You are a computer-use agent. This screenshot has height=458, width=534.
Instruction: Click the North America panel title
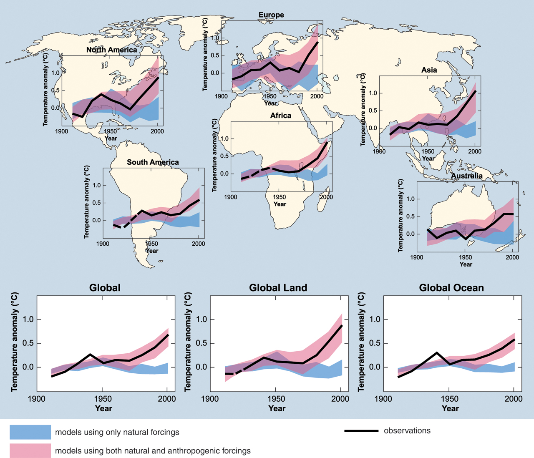click(111, 50)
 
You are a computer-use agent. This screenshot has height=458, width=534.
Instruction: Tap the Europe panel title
click(271, 15)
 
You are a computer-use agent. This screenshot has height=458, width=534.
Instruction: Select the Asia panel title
click(429, 70)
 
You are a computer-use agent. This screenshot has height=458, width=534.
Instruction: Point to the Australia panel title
click(466, 176)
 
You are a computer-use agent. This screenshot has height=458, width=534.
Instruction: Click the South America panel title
click(153, 162)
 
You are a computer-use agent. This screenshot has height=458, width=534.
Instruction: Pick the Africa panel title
click(280, 116)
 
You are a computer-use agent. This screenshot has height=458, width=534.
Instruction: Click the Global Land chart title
click(278, 288)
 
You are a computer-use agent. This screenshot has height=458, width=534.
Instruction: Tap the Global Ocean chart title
click(451, 288)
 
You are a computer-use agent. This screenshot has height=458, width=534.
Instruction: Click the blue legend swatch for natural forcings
click(30, 432)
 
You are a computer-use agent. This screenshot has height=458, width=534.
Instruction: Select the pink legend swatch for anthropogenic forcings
click(30, 451)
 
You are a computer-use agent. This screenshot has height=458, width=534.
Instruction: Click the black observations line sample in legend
click(361, 431)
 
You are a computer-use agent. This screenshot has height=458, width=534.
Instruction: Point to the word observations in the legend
click(407, 431)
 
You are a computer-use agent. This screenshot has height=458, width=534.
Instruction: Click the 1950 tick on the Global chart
click(102, 399)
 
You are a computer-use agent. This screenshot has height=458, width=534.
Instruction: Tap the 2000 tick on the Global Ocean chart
click(514, 399)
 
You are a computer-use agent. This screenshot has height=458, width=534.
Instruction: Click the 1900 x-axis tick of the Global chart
click(37, 399)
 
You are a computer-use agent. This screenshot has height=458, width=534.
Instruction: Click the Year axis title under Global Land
click(277, 408)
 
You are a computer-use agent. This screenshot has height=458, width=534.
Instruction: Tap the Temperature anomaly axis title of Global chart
click(15, 342)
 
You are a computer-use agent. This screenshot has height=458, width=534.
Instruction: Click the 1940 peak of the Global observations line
click(90, 354)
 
